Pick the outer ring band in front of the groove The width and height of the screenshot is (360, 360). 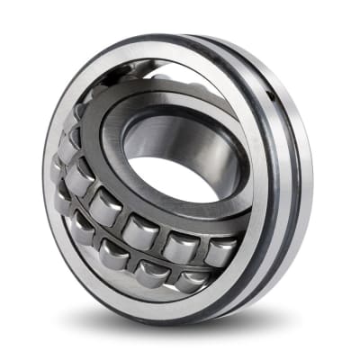tap(274, 180)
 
